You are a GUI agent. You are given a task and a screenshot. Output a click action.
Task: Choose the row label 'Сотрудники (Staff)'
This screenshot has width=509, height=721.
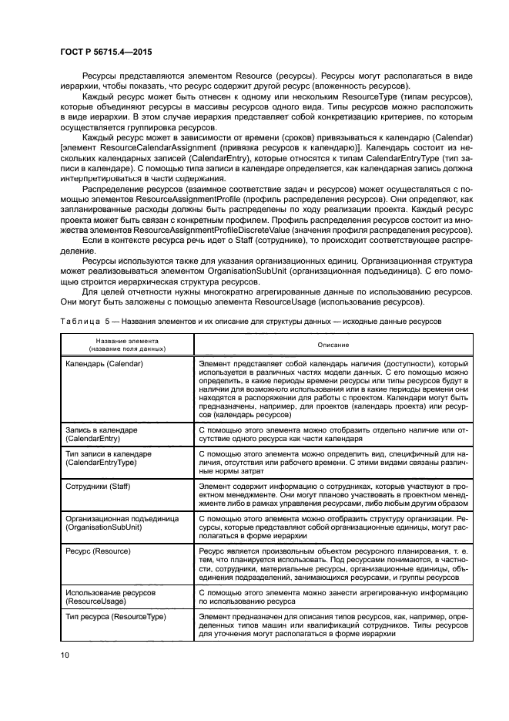101,488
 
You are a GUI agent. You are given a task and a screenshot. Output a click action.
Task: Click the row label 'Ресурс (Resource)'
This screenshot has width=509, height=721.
99,551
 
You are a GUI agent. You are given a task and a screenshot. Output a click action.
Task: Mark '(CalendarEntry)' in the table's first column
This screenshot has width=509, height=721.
97,437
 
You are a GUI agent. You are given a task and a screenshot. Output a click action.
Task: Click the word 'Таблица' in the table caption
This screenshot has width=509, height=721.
79,320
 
